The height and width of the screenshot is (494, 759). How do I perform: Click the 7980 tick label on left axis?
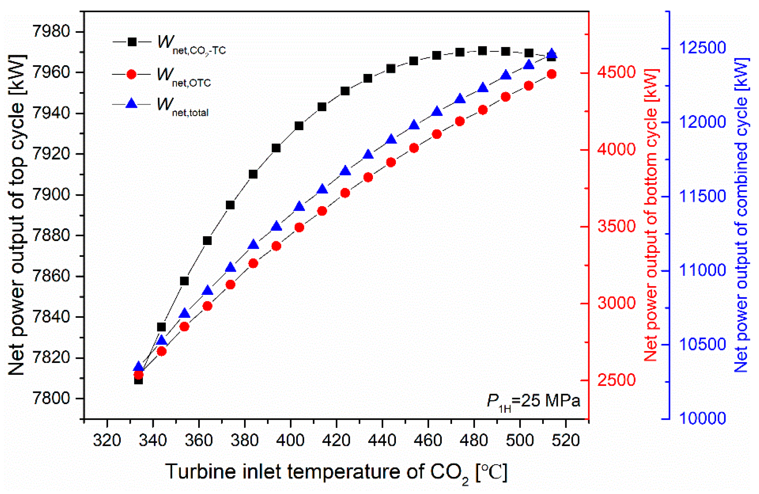tap(51, 32)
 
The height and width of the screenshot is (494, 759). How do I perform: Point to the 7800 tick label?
tap(51, 399)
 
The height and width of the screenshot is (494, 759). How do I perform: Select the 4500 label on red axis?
tap(617, 73)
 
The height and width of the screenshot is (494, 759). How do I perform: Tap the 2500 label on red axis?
tap(617, 380)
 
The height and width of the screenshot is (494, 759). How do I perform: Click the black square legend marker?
tap(132, 42)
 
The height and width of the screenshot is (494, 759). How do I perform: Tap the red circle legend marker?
tap(131, 75)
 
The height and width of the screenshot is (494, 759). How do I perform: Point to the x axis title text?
tap(336, 472)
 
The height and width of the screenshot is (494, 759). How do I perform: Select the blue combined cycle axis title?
tap(740, 215)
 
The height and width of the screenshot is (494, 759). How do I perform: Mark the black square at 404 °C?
tap(299, 126)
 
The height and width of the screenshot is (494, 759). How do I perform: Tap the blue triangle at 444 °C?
tap(391, 139)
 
